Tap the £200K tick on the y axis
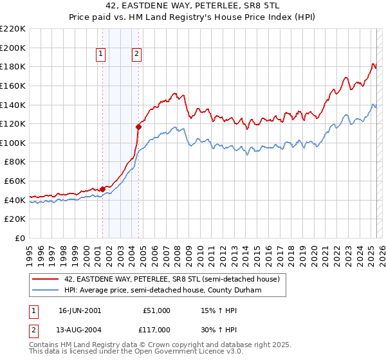(x=14, y=48)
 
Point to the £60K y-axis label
(x=15, y=181)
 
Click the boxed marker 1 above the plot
(x=102, y=55)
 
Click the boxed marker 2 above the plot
(x=138, y=55)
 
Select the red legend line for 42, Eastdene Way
(x=44, y=280)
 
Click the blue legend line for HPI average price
(x=44, y=290)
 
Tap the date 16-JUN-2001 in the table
(x=80, y=310)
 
